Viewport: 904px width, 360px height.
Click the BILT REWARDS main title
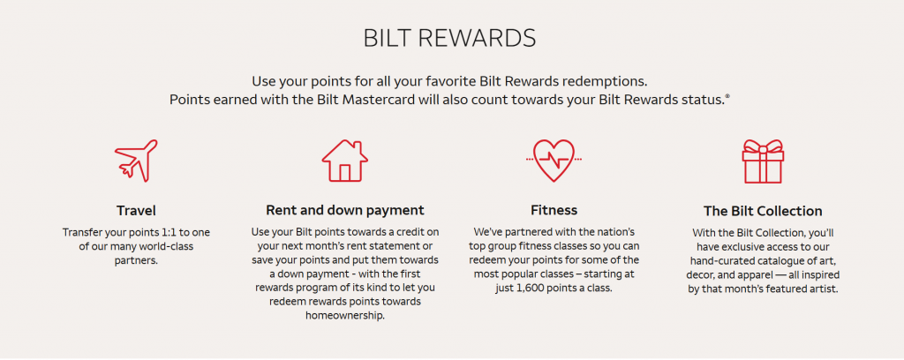pyautogui.click(x=449, y=38)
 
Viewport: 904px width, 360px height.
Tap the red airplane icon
pyautogui.click(x=136, y=161)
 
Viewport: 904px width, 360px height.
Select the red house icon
pyautogui.click(x=345, y=161)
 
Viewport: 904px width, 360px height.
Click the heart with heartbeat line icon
pyautogui.click(x=554, y=161)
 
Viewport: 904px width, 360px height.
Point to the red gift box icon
pyautogui.click(x=763, y=161)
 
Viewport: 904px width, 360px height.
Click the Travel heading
pyautogui.click(x=136, y=211)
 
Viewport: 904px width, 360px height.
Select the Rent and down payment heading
pyautogui.click(x=345, y=210)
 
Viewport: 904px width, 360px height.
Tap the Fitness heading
pyautogui.click(x=554, y=210)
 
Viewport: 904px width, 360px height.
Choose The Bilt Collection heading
pyautogui.click(x=763, y=212)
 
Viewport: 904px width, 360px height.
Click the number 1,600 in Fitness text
pyautogui.click(x=523, y=288)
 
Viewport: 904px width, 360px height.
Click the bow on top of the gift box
pyautogui.click(x=763, y=146)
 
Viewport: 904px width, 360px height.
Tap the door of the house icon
pyautogui.click(x=345, y=173)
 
